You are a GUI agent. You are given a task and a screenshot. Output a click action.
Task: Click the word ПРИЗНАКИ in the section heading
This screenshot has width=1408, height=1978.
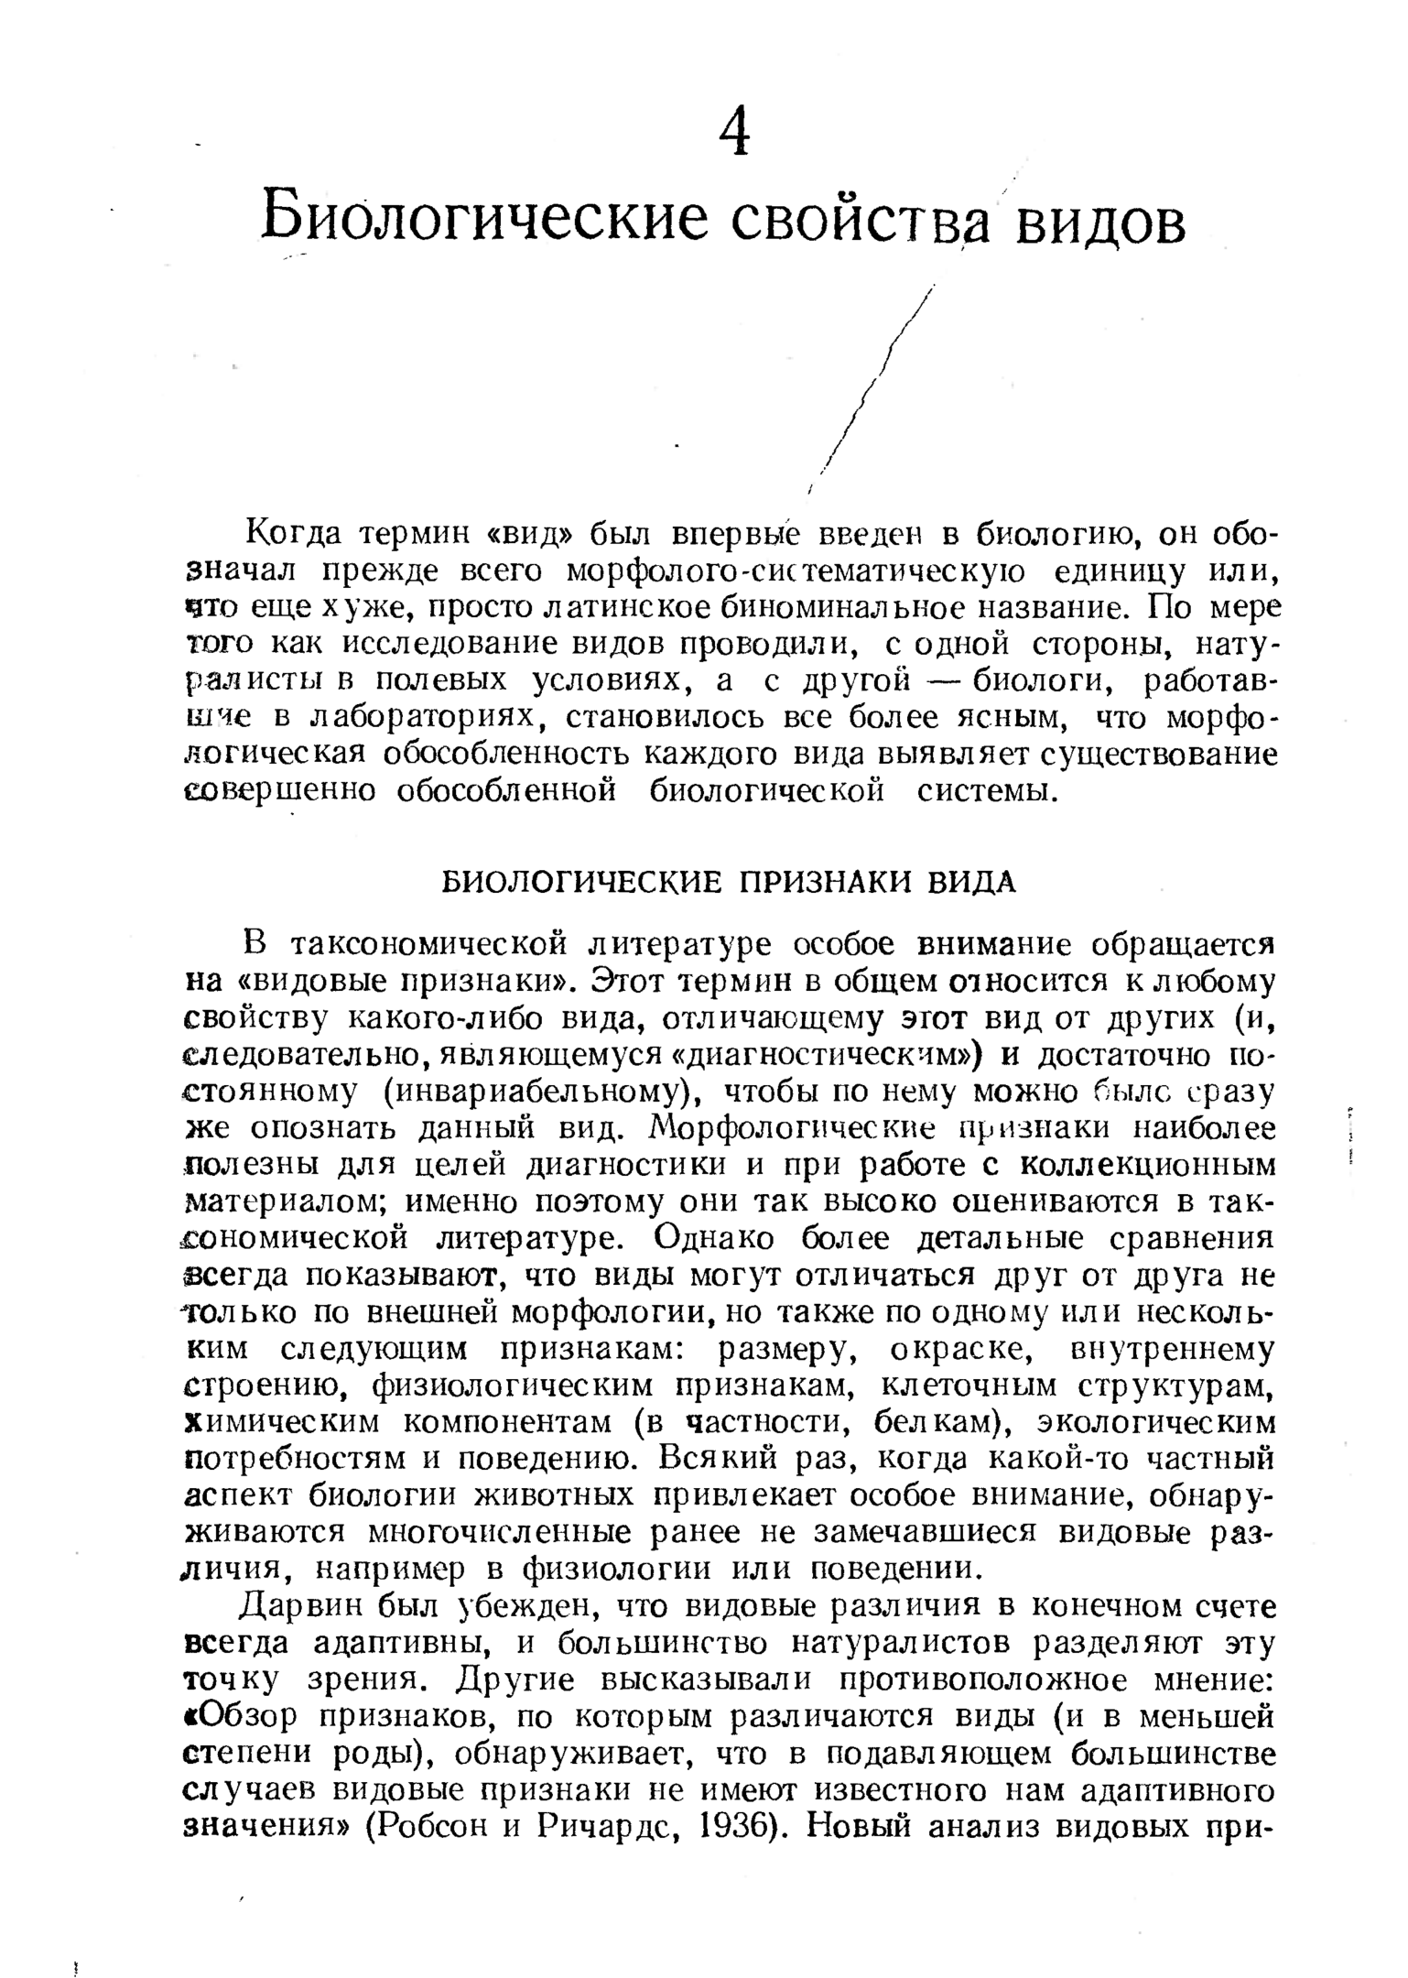[x=829, y=882]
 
